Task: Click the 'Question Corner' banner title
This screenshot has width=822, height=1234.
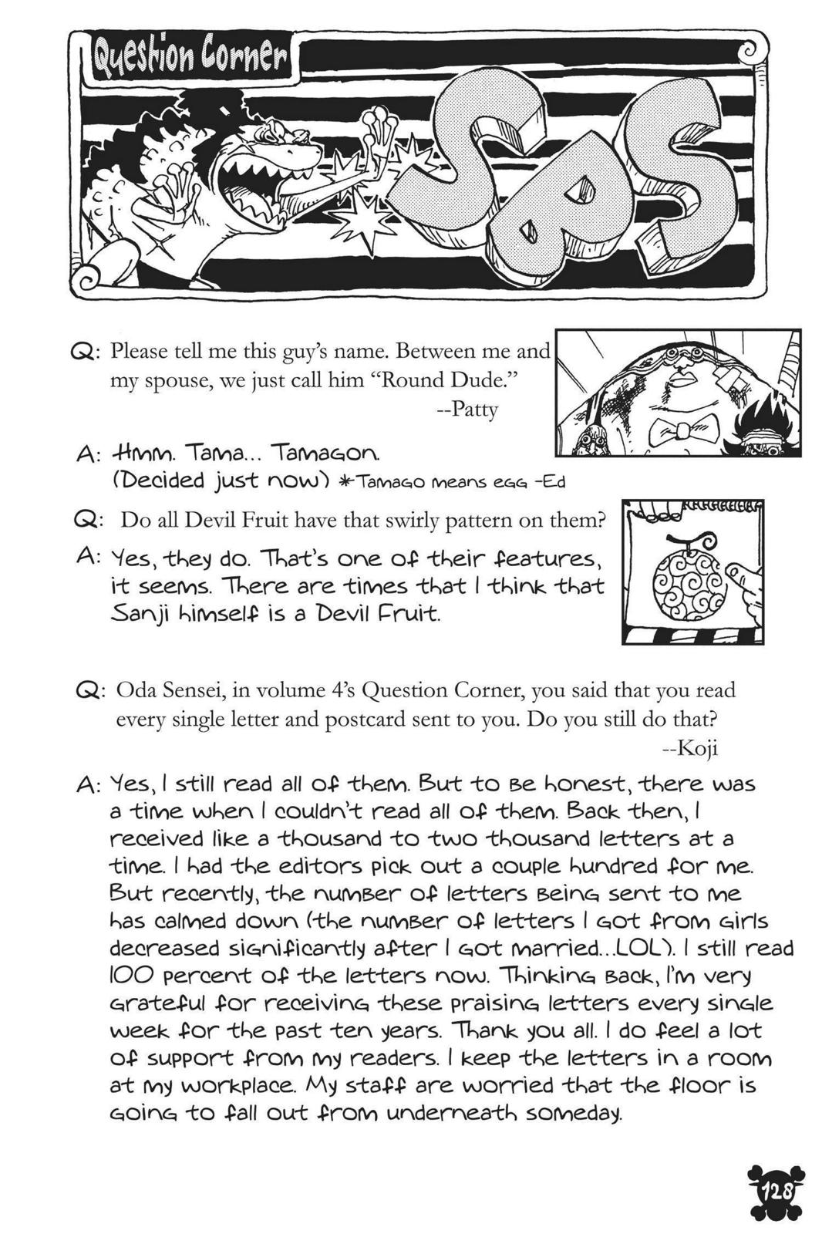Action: click(x=189, y=59)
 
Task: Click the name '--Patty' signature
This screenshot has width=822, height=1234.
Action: click(x=467, y=409)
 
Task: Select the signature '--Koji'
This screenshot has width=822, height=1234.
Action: click(x=690, y=747)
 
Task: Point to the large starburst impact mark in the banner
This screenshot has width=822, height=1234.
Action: click(x=359, y=223)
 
